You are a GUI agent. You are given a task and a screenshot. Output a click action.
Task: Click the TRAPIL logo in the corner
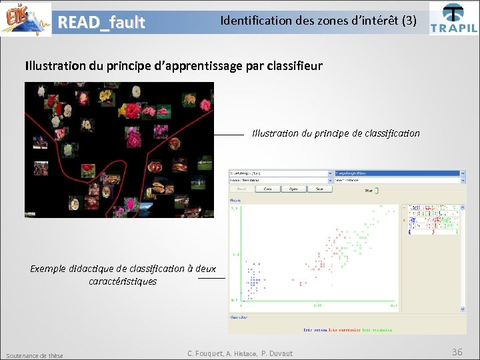pyautogui.click(x=453, y=18)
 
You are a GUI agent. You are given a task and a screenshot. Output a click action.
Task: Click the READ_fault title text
pyautogui.click(x=101, y=23)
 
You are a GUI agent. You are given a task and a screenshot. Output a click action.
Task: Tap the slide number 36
pyautogui.click(x=457, y=351)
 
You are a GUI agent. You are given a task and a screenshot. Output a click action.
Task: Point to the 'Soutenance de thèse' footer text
pyautogui.click(x=34, y=355)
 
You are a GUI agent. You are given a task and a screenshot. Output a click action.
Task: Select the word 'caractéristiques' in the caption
pyautogui.click(x=123, y=281)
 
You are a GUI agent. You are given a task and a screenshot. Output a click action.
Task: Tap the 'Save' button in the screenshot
pyautogui.click(x=319, y=189)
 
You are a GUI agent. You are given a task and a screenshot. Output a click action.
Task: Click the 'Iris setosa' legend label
pyautogui.click(x=317, y=329)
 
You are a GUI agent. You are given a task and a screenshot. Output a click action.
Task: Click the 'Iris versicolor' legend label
pyautogui.click(x=345, y=329)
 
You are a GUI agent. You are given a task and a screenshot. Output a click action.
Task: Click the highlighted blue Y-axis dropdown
pyautogui.click(x=399, y=173)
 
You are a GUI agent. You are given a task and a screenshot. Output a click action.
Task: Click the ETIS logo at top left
pyautogui.click(x=25, y=19)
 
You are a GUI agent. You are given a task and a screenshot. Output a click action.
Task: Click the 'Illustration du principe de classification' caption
pyautogui.click(x=336, y=133)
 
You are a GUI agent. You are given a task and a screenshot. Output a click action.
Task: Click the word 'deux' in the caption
pyautogui.click(x=205, y=269)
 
